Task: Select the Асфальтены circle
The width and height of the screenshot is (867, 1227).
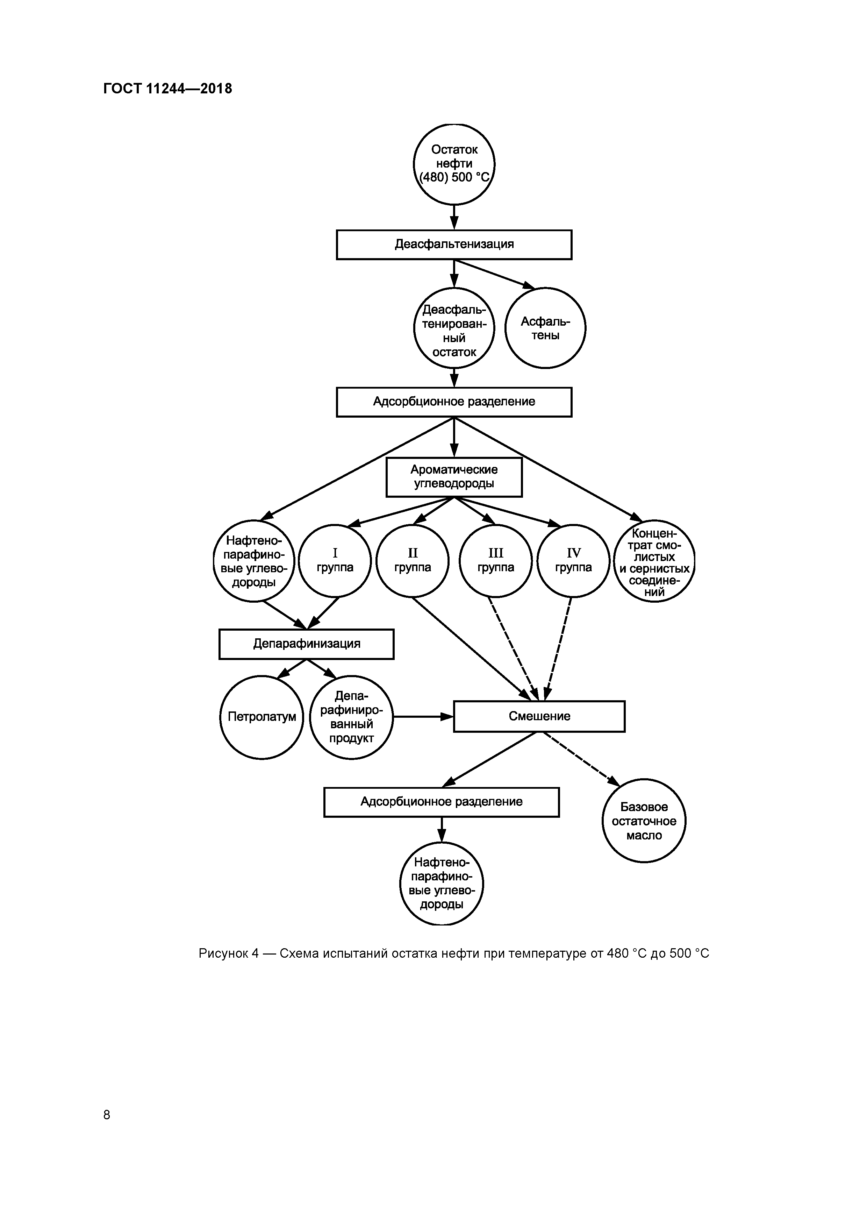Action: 545,328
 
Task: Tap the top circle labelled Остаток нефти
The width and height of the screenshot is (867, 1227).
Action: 454,164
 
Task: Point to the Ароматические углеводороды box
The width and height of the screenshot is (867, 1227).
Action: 454,477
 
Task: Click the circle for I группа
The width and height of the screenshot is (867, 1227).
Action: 335,561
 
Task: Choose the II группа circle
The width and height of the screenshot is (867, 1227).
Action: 413,561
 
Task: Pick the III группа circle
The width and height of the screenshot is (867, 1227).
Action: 496,561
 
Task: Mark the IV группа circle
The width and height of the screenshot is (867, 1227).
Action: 573,561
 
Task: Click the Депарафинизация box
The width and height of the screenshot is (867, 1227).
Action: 306,644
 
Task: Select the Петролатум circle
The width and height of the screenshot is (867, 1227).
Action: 262,717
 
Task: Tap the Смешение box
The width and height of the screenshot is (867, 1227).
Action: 539,716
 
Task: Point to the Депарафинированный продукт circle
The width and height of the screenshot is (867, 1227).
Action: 351,717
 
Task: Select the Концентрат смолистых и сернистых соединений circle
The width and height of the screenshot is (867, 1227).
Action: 654,561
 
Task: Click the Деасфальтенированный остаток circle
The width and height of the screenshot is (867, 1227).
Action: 454,328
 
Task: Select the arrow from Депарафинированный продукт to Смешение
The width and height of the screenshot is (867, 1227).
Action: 422,717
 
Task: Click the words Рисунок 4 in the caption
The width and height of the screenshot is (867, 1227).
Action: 229,953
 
